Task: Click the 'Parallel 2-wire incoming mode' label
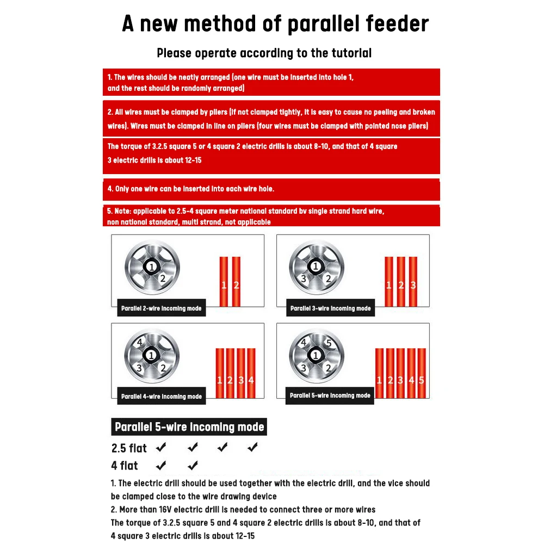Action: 161,308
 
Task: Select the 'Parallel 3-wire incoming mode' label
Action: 330,308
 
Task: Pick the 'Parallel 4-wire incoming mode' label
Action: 161,397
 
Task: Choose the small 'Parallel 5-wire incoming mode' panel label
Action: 330,395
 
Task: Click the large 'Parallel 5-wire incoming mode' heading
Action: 189,427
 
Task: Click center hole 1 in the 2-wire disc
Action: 151,267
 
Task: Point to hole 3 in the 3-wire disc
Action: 305,279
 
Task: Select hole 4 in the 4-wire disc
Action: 140,343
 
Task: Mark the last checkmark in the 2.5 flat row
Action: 252,448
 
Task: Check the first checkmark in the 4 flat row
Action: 161,466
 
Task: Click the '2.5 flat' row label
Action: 129,448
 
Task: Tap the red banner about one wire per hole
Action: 271,189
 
